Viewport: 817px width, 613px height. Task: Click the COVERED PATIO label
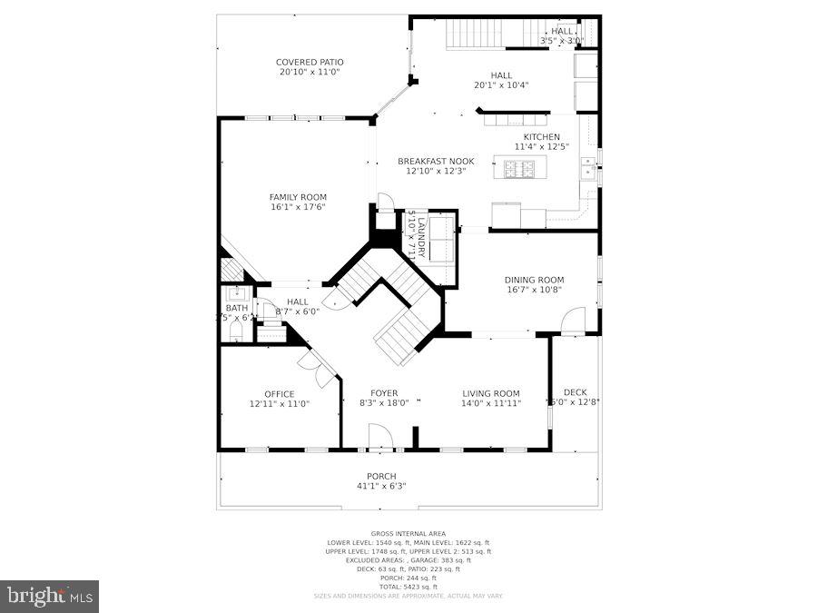[310, 63]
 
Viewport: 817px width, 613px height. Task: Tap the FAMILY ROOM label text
[298, 197]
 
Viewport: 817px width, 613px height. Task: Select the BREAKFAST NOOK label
[436, 162]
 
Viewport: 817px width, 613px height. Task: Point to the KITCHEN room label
[541, 137]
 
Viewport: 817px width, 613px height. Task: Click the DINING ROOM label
[535, 280]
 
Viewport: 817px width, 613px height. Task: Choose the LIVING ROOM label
[490, 393]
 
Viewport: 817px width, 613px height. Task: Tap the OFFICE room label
[280, 394]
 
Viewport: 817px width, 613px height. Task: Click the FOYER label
[384, 393]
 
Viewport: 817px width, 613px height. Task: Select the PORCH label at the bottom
[381, 476]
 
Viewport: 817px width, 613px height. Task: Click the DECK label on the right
[575, 392]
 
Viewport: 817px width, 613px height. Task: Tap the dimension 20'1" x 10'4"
[501, 85]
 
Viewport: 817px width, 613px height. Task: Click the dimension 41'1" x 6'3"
[381, 486]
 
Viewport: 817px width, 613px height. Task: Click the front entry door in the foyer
[380, 440]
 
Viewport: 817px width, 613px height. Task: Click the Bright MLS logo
[50, 596]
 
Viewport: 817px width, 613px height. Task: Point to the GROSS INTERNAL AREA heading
[408, 534]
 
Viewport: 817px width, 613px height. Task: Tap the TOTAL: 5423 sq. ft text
[408, 586]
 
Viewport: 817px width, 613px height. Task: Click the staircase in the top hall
[474, 35]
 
